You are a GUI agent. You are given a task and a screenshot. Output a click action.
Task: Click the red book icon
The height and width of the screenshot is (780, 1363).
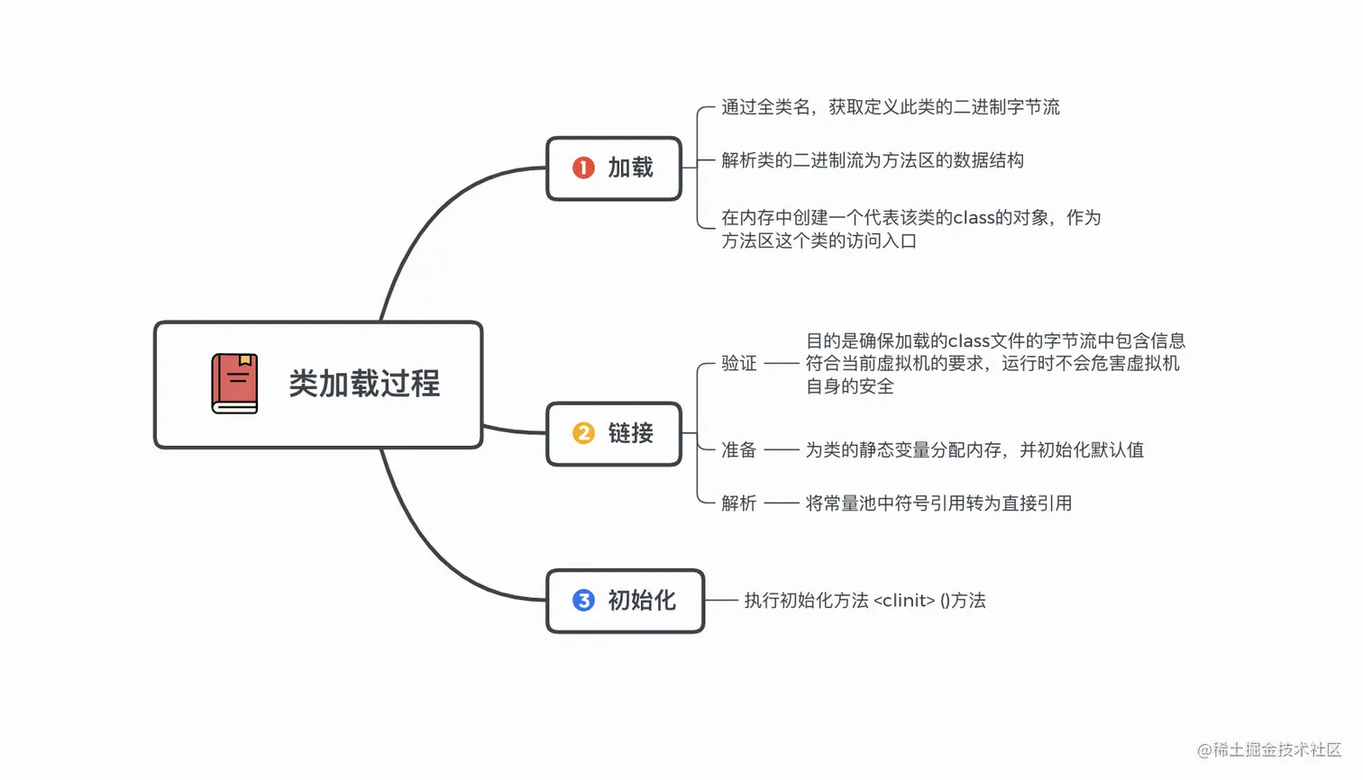point(234,384)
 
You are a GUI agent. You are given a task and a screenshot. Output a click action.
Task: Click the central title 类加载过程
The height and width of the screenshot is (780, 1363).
point(364,384)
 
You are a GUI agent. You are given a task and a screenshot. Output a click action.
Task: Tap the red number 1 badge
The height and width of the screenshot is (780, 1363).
point(583,168)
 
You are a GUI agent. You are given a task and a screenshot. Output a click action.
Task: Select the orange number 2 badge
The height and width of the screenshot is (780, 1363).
point(583,433)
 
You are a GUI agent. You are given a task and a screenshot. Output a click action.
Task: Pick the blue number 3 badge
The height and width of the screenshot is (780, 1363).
point(583,600)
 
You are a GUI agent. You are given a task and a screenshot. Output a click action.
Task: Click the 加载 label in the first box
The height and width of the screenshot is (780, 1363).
point(630,168)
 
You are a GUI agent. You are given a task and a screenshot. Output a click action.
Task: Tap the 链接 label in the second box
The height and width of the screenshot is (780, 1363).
point(630,433)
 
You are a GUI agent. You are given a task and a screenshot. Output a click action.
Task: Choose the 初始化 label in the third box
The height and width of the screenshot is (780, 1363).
point(641,600)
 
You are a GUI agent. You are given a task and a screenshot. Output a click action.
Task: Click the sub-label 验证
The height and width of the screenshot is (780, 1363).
point(738,363)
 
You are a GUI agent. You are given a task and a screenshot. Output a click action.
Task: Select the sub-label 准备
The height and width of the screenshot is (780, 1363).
point(738,449)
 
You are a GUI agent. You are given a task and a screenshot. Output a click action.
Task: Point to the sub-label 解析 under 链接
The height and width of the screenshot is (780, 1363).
point(738,503)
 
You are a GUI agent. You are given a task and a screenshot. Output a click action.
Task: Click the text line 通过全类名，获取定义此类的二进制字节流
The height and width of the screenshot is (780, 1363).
point(890,107)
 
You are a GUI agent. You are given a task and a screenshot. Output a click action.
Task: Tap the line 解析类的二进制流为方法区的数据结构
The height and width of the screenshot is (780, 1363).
point(872,160)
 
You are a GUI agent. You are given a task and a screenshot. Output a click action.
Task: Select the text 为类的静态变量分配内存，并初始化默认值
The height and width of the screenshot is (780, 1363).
point(974,449)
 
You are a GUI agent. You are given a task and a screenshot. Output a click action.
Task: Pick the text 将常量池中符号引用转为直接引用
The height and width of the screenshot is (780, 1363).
point(938,503)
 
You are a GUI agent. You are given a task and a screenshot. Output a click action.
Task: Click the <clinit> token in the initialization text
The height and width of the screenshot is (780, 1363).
point(904,600)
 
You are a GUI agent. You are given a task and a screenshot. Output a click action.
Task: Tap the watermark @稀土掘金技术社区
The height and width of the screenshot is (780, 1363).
point(1268,749)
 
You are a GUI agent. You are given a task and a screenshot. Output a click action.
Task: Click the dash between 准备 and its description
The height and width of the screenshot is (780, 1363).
point(782,449)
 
